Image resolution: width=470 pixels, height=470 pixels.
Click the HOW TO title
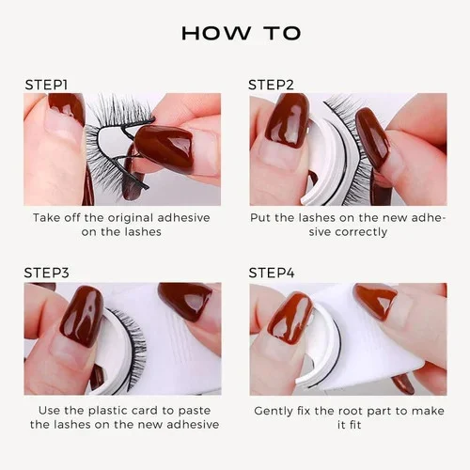click(x=241, y=33)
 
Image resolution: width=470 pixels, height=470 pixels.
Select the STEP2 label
click(x=272, y=85)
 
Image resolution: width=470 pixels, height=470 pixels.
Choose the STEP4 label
click(x=272, y=273)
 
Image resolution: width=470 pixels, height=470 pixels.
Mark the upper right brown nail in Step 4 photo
click(x=376, y=301)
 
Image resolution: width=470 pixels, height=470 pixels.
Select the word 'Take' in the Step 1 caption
click(x=48, y=217)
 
